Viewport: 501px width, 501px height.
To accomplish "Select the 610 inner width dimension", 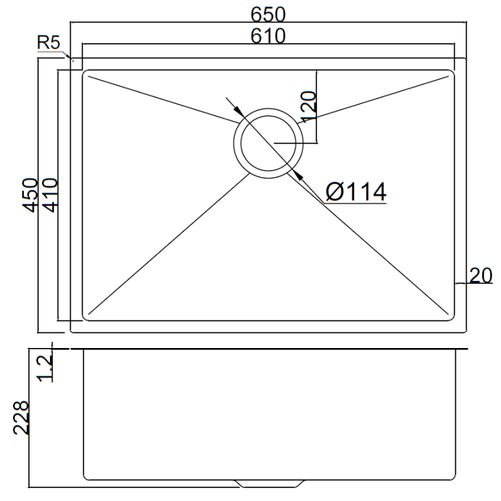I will [269, 36].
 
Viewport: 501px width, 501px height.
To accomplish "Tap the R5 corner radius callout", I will [48, 43].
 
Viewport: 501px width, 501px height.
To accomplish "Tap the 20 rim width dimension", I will [480, 276].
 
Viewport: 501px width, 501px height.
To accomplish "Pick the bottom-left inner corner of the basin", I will [86, 317].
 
